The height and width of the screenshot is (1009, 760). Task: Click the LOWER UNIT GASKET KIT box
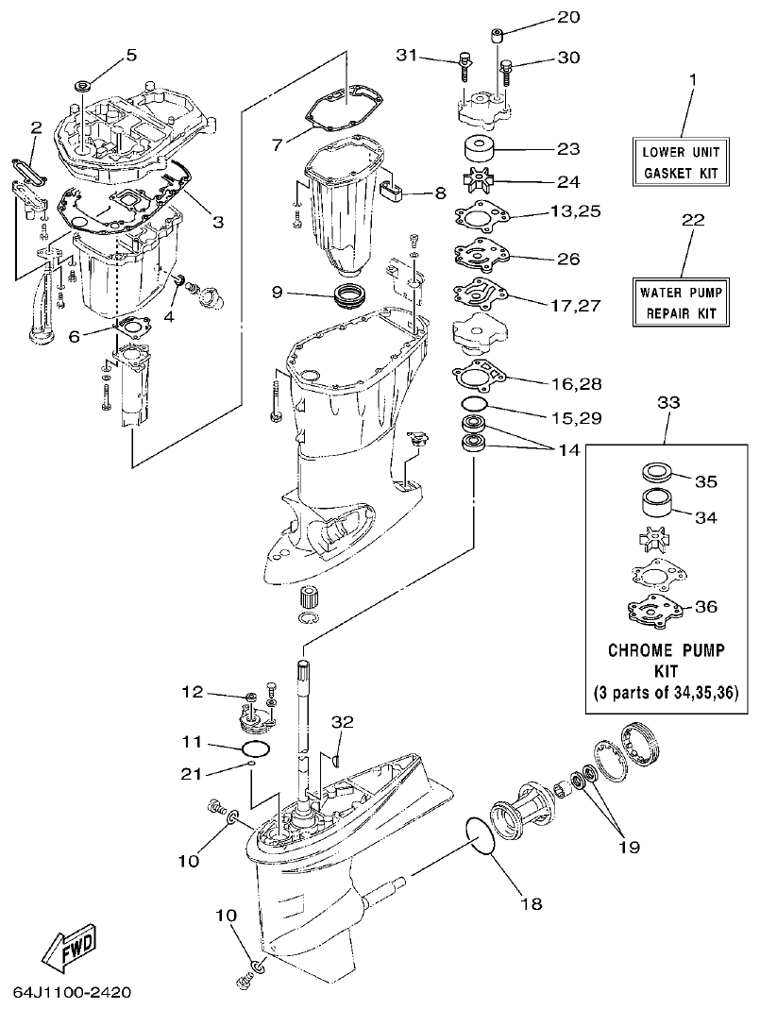pyautogui.click(x=681, y=161)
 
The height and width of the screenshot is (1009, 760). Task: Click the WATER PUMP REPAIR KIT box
pyautogui.click(x=679, y=301)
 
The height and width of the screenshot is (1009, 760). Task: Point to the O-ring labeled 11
pyautogui.click(x=254, y=748)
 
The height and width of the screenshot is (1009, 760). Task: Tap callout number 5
pyautogui.click(x=131, y=54)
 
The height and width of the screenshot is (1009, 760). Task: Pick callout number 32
pyautogui.click(x=342, y=721)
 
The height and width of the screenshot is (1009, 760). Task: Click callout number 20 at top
pyautogui.click(x=568, y=17)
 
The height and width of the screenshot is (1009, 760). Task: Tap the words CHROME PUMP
pyautogui.click(x=667, y=651)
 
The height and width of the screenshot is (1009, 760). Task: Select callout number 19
pyautogui.click(x=628, y=847)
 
